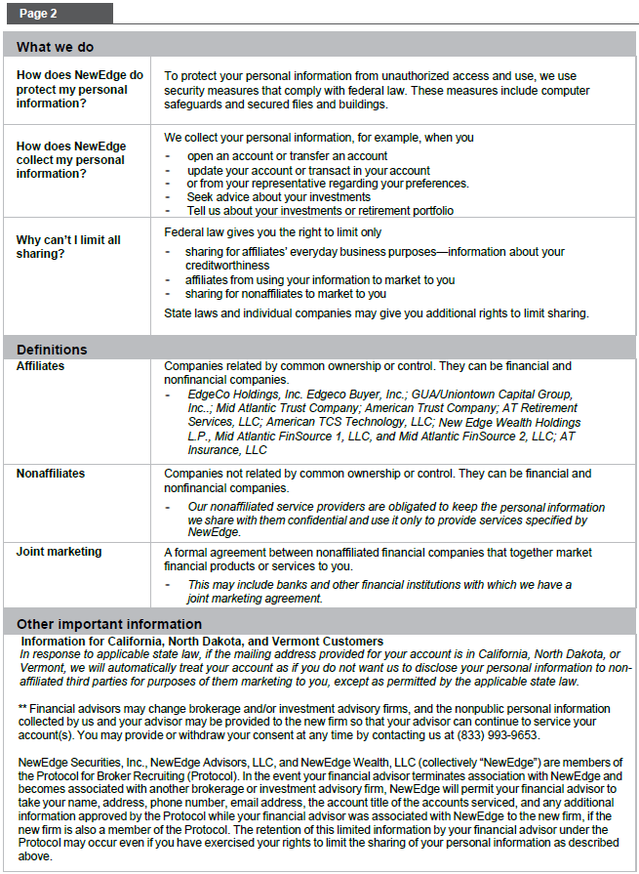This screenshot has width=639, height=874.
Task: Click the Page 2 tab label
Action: click(x=38, y=14)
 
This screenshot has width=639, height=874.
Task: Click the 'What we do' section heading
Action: click(x=55, y=47)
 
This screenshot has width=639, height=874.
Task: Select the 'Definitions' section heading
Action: click(x=52, y=350)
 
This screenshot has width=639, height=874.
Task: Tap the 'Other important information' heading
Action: click(x=109, y=624)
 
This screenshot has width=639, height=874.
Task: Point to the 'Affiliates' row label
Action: click(x=40, y=366)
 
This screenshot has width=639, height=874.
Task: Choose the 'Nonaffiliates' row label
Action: click(x=51, y=474)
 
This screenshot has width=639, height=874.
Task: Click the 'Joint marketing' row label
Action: click(x=59, y=552)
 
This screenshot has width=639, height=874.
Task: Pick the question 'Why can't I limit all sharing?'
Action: click(x=68, y=246)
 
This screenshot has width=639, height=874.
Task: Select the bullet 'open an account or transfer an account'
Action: click(x=287, y=155)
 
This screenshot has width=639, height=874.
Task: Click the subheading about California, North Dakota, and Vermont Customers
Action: click(x=202, y=641)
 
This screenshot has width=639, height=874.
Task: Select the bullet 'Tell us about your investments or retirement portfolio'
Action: click(x=320, y=210)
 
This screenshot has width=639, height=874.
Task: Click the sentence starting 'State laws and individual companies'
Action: click(x=377, y=313)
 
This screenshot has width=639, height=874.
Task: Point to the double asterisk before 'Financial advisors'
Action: click(x=22, y=708)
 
